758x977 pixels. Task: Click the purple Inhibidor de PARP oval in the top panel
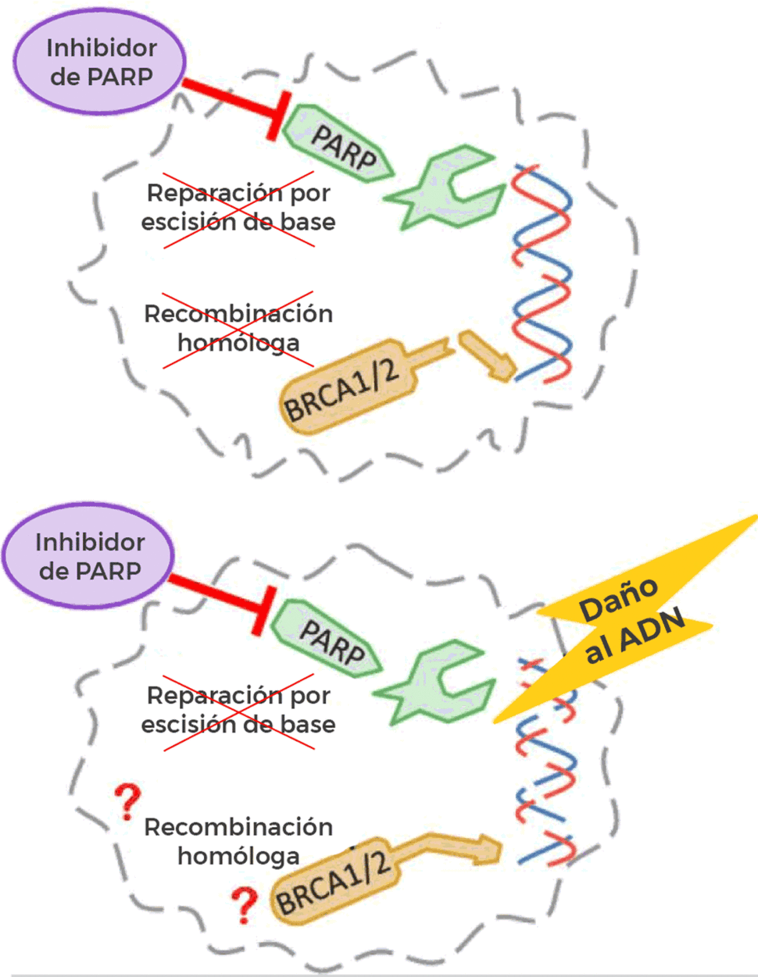[99, 62]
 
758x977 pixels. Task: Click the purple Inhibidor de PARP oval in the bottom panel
[88, 556]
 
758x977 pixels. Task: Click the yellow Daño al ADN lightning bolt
[629, 617]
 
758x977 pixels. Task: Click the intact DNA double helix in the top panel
[541, 273]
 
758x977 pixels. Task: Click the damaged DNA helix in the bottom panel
[545, 765]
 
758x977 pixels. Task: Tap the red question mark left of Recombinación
[127, 802]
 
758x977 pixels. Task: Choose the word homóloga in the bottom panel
[238, 856]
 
